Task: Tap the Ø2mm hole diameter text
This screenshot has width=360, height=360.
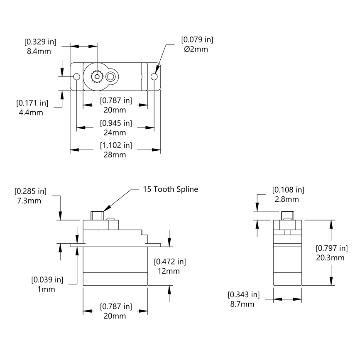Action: [x=196, y=49]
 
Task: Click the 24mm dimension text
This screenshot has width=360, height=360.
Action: [x=115, y=133]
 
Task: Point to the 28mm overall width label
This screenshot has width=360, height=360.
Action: [x=115, y=155]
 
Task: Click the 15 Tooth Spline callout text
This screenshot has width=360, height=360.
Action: [x=170, y=189]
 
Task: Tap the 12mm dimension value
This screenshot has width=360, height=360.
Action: [x=169, y=271]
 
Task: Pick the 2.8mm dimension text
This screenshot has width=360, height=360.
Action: [x=287, y=199]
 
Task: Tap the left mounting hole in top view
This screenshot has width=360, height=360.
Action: [x=77, y=77]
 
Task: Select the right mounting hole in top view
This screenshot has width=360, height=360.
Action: [x=154, y=77]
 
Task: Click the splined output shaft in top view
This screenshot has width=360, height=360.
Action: [x=98, y=77]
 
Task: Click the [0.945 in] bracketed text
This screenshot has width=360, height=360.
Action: [x=115, y=123]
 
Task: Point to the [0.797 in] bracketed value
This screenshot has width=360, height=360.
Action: [x=331, y=248]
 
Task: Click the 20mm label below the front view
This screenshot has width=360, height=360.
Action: [x=115, y=316]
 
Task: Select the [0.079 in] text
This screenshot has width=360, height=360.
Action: [x=197, y=40]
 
